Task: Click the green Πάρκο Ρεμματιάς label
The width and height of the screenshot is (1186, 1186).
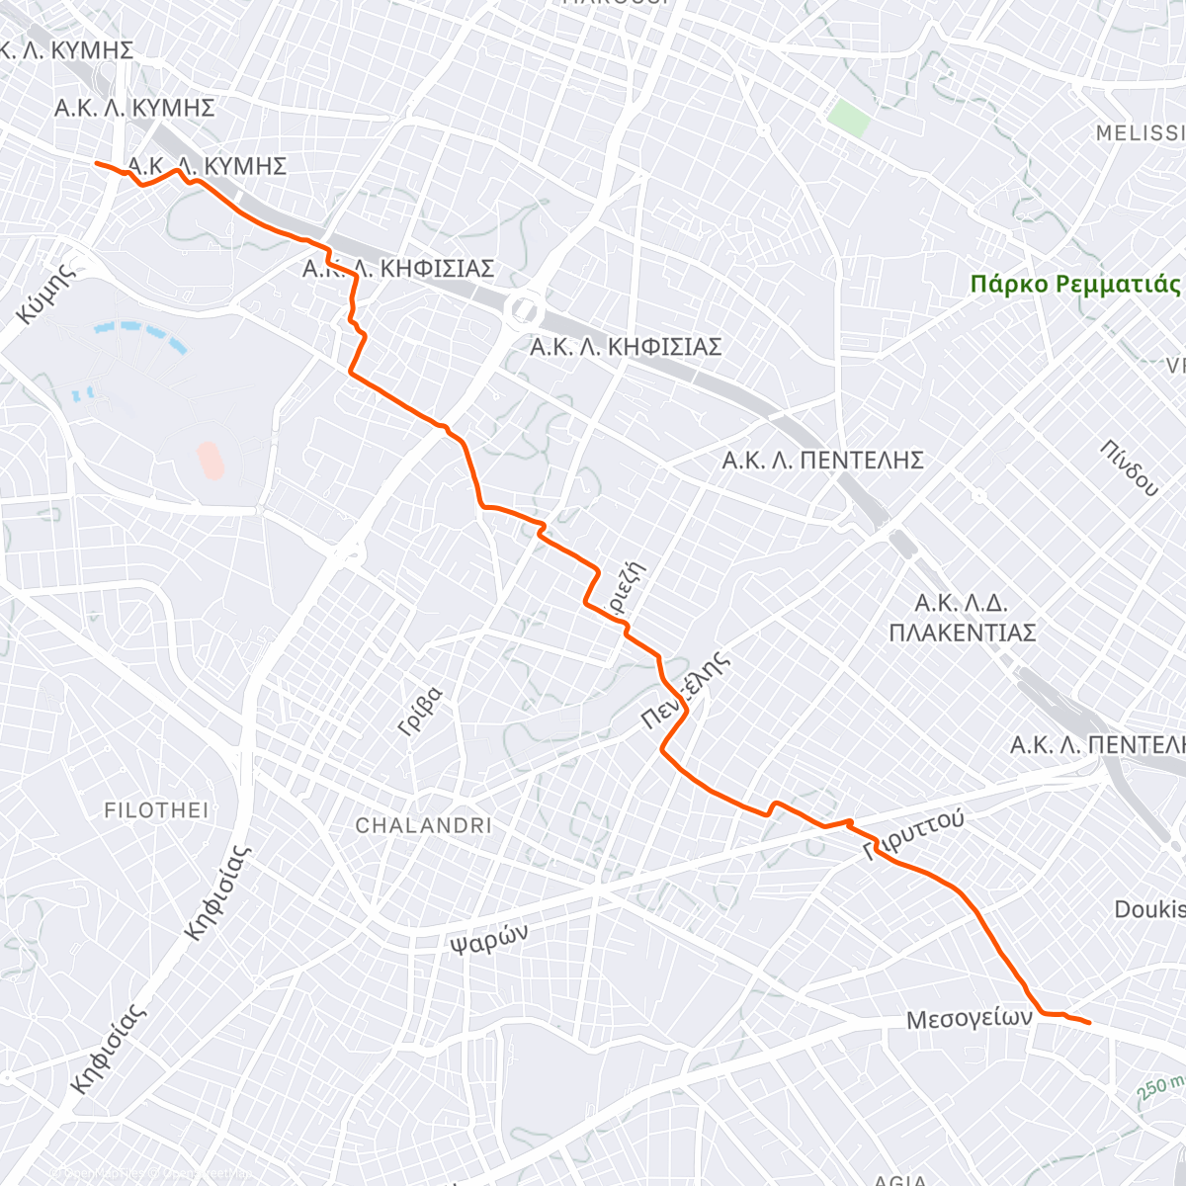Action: [x=1075, y=285]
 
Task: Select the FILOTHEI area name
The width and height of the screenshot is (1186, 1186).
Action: [x=156, y=810]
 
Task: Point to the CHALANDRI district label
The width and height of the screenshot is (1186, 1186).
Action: [x=423, y=825]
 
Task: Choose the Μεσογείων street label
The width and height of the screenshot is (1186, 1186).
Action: [x=969, y=1018]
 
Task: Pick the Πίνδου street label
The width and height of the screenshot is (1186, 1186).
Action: [x=1128, y=467]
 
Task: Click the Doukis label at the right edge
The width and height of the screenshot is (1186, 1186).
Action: [x=1149, y=909]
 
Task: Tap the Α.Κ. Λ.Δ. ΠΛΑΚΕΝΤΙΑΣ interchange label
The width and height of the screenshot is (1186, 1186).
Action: [x=962, y=618]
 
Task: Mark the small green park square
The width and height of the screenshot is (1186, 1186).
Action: [x=849, y=119]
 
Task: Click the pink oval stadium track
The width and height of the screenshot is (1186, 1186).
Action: [x=210, y=460]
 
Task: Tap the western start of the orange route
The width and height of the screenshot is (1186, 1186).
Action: [x=96, y=163]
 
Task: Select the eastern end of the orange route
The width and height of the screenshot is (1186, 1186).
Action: [x=1088, y=1023]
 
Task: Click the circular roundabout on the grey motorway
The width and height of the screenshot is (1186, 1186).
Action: [x=521, y=309]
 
